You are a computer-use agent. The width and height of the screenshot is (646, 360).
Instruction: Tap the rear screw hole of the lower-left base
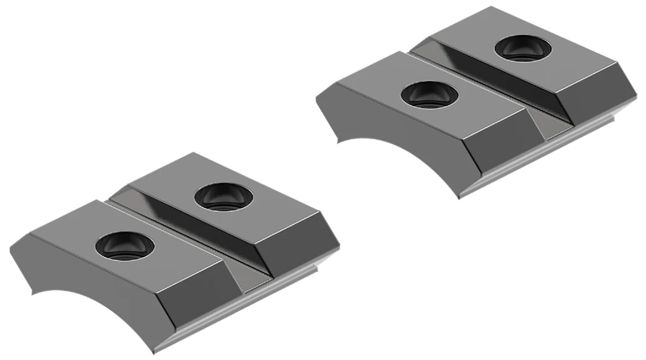[x=224, y=197]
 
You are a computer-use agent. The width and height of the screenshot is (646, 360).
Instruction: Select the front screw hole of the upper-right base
[x=429, y=95]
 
